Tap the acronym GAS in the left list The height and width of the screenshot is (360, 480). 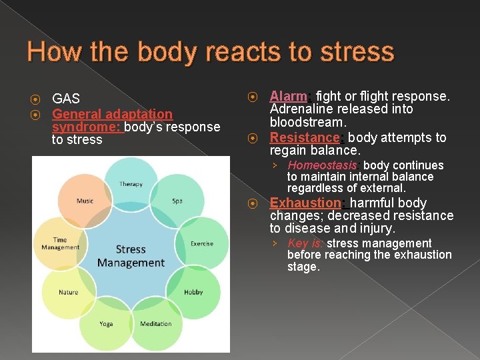[x=66, y=99]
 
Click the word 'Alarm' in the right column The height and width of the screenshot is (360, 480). [x=287, y=96]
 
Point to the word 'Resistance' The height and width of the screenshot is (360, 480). [x=305, y=137]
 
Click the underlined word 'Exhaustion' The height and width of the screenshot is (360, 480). [x=305, y=203]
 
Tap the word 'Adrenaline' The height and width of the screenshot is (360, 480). [x=301, y=109]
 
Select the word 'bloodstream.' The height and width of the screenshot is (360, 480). [x=307, y=123]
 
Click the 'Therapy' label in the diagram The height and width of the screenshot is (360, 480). [x=131, y=184]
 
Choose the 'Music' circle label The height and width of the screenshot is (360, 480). [x=85, y=201]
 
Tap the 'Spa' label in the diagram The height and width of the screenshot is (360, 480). [x=177, y=201]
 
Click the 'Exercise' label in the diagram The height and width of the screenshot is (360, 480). [x=202, y=243]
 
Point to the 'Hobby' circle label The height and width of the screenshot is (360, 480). [x=193, y=292]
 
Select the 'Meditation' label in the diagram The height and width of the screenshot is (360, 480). [x=156, y=324]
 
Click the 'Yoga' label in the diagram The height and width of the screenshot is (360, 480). [x=106, y=324]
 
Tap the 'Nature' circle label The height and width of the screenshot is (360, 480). [x=68, y=292]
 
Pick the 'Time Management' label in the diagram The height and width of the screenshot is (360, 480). [x=60, y=244]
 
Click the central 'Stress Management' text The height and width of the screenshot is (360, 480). [x=131, y=256]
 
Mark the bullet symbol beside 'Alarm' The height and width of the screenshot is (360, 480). [x=253, y=97]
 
